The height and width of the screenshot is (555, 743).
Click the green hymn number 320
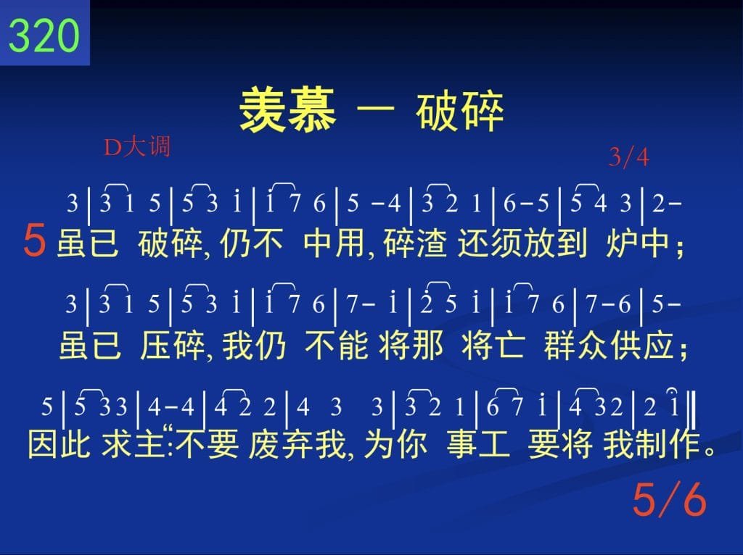(x=44, y=35)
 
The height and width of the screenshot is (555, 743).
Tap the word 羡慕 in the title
(x=288, y=110)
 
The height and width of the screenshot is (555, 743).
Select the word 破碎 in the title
(x=460, y=111)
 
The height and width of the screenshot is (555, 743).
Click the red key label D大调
(x=137, y=146)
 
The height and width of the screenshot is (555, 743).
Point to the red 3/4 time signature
(x=629, y=157)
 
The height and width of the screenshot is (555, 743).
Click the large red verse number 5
(x=35, y=241)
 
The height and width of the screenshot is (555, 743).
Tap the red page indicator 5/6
(x=670, y=499)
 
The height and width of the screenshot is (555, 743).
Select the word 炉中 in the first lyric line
(x=637, y=243)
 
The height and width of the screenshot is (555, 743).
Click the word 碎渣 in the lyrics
(x=415, y=243)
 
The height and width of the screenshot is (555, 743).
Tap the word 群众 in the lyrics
(x=575, y=346)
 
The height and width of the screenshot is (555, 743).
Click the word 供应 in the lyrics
(x=641, y=346)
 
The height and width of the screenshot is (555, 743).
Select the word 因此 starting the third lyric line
(x=59, y=444)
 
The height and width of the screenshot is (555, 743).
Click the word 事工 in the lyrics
(x=478, y=444)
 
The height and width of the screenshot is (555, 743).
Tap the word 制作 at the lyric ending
(x=668, y=444)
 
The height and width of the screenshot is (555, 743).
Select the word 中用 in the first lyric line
(x=335, y=243)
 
